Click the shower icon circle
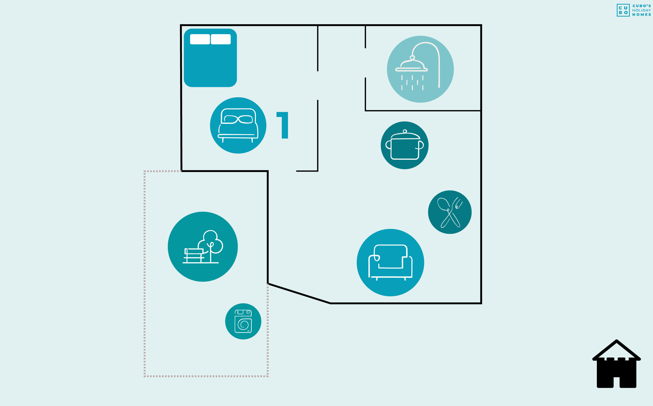point(420,69)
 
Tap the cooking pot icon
point(404,145)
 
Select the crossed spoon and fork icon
point(449,212)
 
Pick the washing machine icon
point(243,321)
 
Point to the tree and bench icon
point(203,247)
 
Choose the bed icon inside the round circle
point(238,125)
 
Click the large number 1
point(283,125)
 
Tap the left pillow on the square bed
point(200,39)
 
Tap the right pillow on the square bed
point(220,39)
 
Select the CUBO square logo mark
point(623,10)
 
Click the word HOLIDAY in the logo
point(642,10)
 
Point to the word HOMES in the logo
point(642,15)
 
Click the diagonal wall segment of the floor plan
point(299,293)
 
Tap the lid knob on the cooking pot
point(405,131)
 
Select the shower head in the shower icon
point(412,66)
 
